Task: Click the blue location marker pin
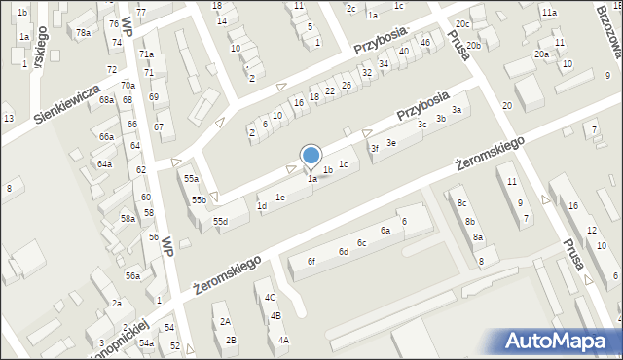pos(311,156)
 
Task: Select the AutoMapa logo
pos(560,342)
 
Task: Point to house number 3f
pos(373,148)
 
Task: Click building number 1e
pos(280,198)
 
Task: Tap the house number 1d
pos(261,206)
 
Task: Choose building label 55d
pos(221,222)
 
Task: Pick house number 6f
pos(311,261)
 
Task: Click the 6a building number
pos(385,231)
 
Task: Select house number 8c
pos(463,202)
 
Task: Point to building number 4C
pos(271,297)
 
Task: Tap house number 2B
pos(231,340)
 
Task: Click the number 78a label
pos(84,33)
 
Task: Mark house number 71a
pos(146,54)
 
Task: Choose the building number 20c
pos(462,23)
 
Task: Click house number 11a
pos(550,13)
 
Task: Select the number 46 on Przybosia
pos(424,43)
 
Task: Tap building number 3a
pos(456,110)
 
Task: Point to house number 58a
pos(128,219)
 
